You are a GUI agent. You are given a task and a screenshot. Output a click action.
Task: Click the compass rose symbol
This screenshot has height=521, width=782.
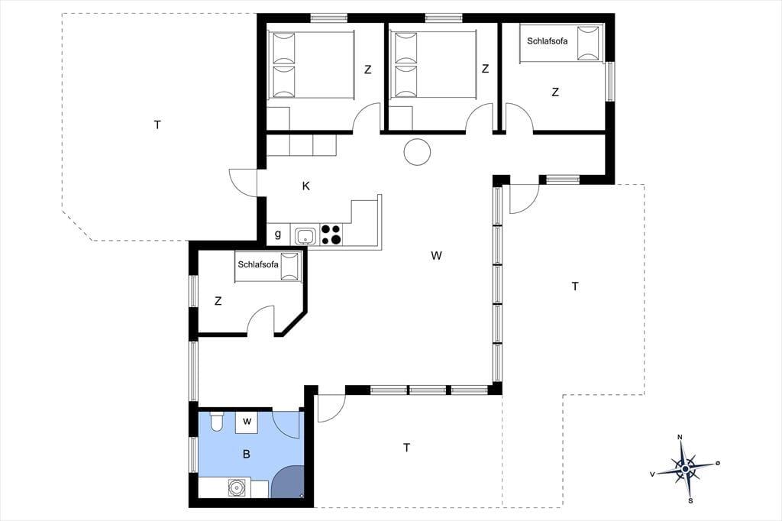(x=685, y=468)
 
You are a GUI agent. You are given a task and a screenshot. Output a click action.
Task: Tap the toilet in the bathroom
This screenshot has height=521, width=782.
(x=216, y=422)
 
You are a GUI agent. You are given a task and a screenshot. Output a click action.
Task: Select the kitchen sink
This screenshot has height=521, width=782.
(x=305, y=235)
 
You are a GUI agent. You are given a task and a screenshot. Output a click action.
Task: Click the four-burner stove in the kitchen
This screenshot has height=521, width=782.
(x=331, y=235)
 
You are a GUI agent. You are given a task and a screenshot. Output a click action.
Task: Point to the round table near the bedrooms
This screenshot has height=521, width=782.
(x=417, y=151)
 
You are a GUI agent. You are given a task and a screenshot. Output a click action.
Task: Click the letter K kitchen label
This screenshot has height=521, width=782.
(x=306, y=186)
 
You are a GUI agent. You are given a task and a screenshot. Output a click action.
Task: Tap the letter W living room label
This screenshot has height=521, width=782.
(x=436, y=256)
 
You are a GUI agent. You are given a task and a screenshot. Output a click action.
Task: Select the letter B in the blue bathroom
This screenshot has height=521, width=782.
(x=246, y=454)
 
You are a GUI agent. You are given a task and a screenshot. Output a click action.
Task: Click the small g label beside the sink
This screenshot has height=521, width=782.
(x=278, y=234)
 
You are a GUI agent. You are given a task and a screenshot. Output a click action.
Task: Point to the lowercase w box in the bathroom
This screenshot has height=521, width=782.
(x=247, y=421)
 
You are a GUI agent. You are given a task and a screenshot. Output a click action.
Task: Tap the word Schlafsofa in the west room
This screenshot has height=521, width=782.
(x=258, y=265)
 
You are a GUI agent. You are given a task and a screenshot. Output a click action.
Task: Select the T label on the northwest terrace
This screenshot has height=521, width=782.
(x=157, y=125)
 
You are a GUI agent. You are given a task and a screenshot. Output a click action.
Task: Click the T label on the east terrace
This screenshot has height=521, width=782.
(x=575, y=286)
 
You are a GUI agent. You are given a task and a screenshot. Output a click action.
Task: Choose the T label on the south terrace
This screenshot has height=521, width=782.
(x=406, y=448)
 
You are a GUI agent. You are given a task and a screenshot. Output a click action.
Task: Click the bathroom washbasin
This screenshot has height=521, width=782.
(x=237, y=487)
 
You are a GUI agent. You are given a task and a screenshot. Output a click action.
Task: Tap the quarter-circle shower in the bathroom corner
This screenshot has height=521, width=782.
(x=289, y=484)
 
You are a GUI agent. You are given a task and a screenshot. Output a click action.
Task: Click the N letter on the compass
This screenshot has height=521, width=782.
(x=680, y=438)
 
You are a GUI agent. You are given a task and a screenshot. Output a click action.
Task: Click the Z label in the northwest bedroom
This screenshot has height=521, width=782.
(x=367, y=70)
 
